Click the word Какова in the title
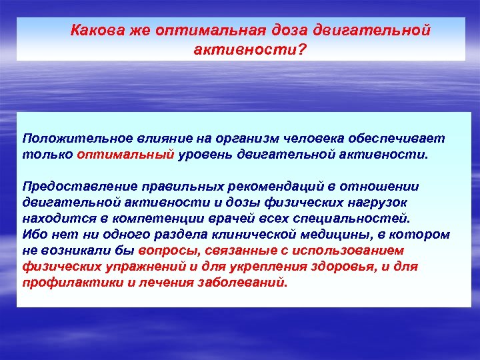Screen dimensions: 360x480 (x=95, y=31)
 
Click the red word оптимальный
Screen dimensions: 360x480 (x=127, y=154)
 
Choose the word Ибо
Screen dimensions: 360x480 (x=33, y=234)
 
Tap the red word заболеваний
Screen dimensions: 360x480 (x=247, y=282)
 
